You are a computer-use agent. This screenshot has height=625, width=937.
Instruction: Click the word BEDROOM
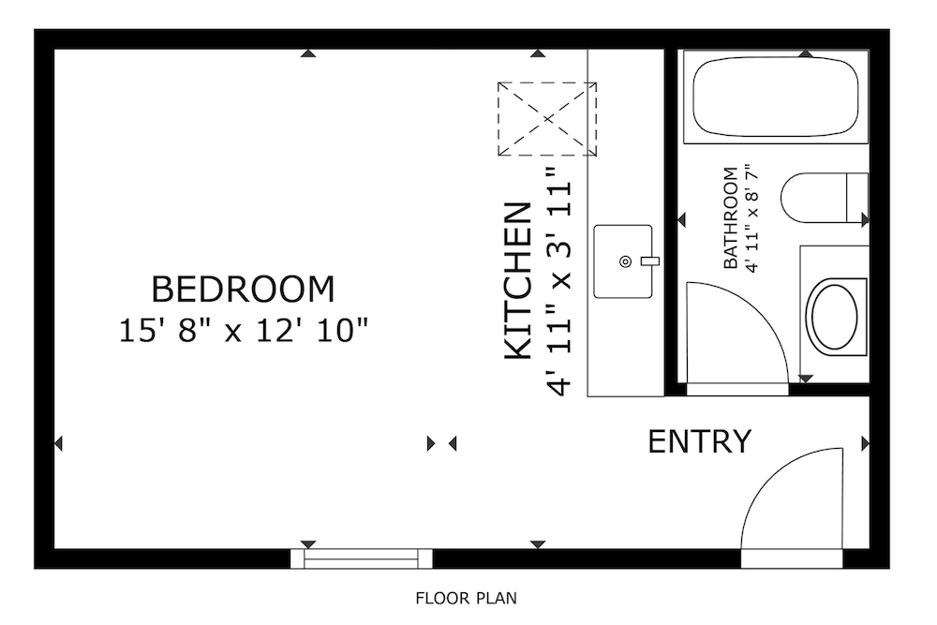[243, 290]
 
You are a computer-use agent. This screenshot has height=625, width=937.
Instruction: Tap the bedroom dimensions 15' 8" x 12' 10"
[244, 331]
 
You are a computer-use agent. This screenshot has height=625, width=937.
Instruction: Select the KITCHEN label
[518, 281]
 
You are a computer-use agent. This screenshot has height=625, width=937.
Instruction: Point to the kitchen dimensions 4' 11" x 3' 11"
[559, 281]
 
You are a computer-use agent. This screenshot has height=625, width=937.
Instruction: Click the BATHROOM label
[730, 218]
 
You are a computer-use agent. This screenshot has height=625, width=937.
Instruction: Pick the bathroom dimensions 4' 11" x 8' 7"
[752, 218]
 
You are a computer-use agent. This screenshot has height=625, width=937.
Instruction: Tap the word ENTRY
[700, 441]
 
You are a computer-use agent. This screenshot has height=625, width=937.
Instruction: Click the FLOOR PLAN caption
[466, 598]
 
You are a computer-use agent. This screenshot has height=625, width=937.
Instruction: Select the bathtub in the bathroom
[776, 97]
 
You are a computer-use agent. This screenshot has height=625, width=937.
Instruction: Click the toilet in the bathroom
[824, 198]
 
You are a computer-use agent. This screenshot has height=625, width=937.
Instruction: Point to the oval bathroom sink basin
[834, 317]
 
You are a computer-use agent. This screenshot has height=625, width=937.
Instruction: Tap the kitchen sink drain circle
[626, 261]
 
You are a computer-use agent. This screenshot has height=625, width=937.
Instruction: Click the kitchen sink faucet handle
[649, 261]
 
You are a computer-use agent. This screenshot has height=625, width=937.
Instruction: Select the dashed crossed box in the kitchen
[547, 119]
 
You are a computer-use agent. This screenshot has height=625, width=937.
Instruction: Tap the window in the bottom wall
[361, 558]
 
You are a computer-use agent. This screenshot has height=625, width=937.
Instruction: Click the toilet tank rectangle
[857, 197]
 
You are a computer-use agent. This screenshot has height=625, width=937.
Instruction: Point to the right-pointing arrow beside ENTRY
[865, 444]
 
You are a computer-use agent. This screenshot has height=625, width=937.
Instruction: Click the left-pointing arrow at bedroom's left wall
[58, 443]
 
